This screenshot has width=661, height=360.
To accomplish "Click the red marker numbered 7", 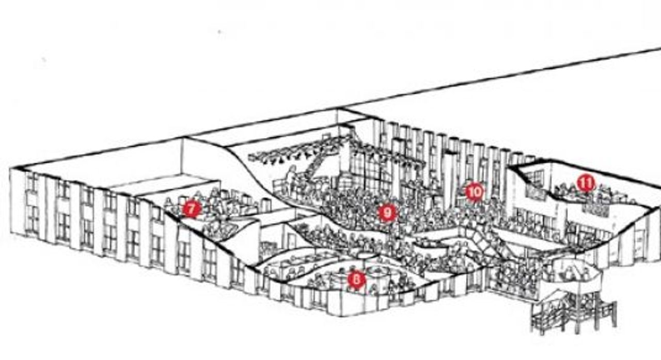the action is tap(192, 209).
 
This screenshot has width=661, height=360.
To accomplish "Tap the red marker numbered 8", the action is tap(356, 279).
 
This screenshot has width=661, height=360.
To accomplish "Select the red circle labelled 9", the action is tap(387, 212).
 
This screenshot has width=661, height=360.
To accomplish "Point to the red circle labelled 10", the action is tap(475, 192).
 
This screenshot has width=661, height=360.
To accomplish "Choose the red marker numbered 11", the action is tap(586, 183).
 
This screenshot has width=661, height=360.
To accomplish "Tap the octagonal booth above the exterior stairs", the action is tap(575, 272).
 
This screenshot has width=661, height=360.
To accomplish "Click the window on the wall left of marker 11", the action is tap(534, 179).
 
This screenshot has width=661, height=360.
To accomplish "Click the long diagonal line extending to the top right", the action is tap(499, 77).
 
